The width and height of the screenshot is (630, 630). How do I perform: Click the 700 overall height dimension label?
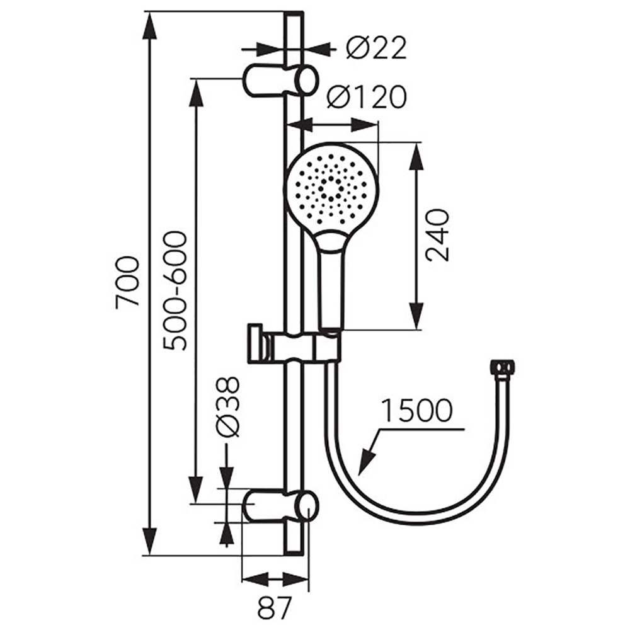point(127,282)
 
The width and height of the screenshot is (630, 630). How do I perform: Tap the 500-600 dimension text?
point(176,290)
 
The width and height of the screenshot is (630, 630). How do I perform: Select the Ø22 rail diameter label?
point(377,48)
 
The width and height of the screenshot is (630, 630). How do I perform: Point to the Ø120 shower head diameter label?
point(367,97)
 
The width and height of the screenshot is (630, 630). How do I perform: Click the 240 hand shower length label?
point(437,236)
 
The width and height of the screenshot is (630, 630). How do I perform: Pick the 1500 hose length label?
point(416,410)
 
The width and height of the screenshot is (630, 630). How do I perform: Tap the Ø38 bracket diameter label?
point(227,406)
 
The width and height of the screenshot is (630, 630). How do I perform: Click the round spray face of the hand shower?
point(331,189)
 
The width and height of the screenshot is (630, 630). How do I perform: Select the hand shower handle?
point(331,281)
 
